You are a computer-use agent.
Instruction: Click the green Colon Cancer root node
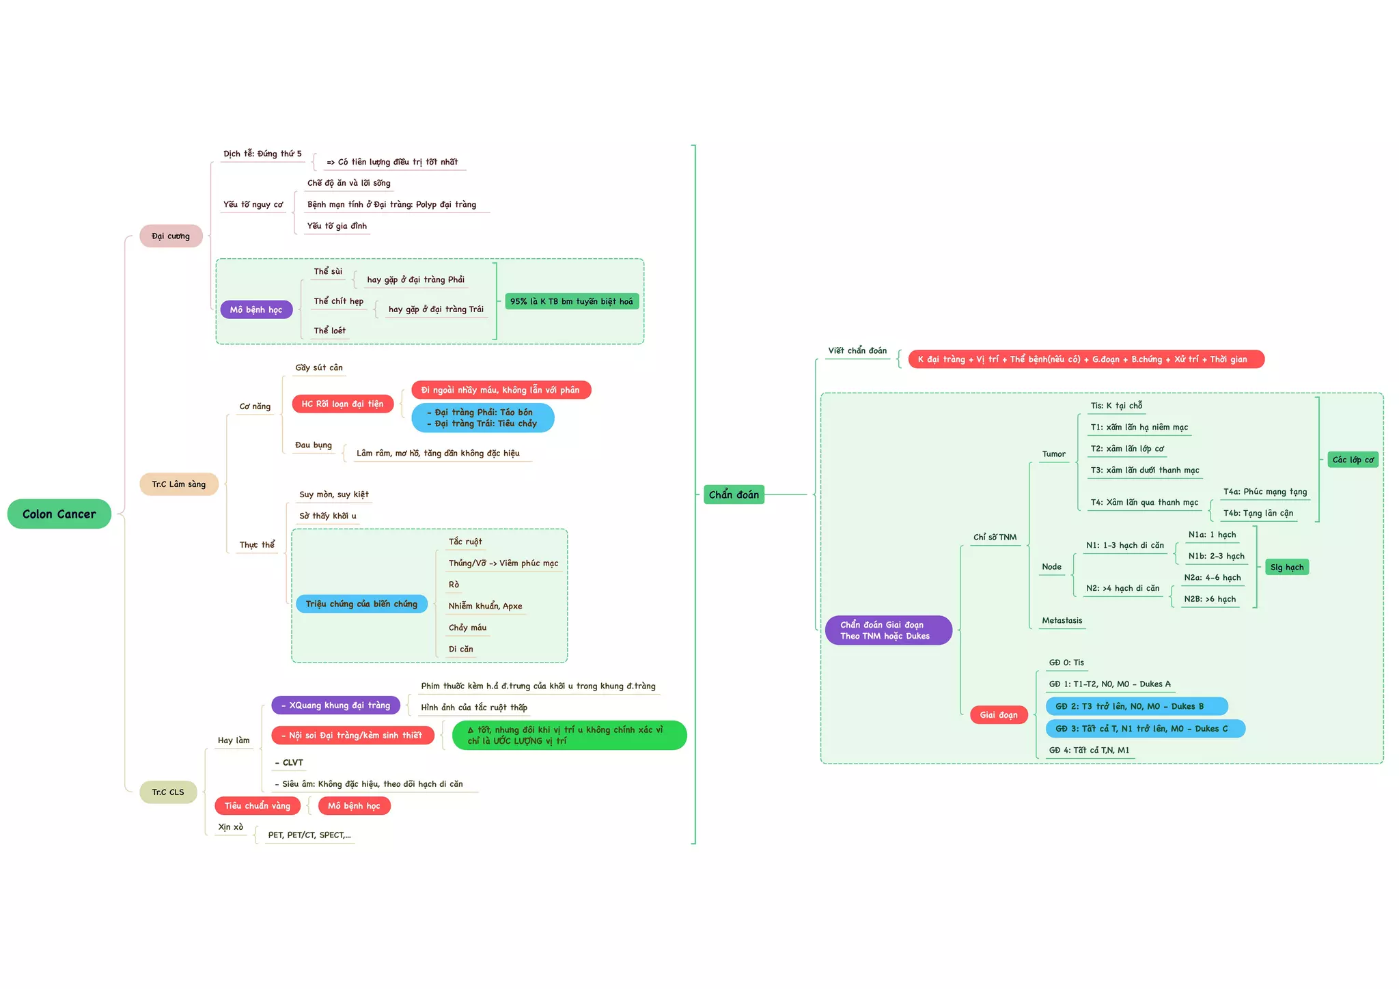pyautogui.click(x=59, y=514)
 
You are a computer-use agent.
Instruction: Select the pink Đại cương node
pyautogui.click(x=171, y=236)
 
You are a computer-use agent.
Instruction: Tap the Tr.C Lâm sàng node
pyautogui.click(x=178, y=484)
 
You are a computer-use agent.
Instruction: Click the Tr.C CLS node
pyautogui.click(x=168, y=792)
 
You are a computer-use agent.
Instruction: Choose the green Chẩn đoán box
pyautogui.click(x=734, y=494)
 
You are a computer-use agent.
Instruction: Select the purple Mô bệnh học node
pyautogui.click(x=256, y=309)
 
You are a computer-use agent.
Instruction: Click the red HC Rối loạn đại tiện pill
pyautogui.click(x=342, y=404)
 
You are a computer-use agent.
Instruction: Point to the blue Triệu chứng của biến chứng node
pyautogui.click(x=361, y=604)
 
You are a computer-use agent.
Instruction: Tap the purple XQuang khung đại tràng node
pyautogui.click(x=335, y=705)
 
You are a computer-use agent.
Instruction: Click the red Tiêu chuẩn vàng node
pyautogui.click(x=258, y=805)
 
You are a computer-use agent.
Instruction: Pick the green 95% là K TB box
pyautogui.click(x=571, y=301)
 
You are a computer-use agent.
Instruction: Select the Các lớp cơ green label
pyautogui.click(x=1353, y=460)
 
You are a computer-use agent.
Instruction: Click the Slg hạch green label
pyautogui.click(x=1286, y=567)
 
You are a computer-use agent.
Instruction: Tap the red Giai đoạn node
pyautogui.click(x=999, y=714)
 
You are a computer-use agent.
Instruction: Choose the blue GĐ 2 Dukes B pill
pyautogui.click(x=1136, y=706)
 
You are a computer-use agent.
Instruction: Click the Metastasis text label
pyautogui.click(x=1062, y=620)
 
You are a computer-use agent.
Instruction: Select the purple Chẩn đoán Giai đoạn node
pyautogui.click(x=887, y=630)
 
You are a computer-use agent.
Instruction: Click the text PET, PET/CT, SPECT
pyautogui.click(x=309, y=835)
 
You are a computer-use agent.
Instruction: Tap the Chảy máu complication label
pyautogui.click(x=467, y=627)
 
